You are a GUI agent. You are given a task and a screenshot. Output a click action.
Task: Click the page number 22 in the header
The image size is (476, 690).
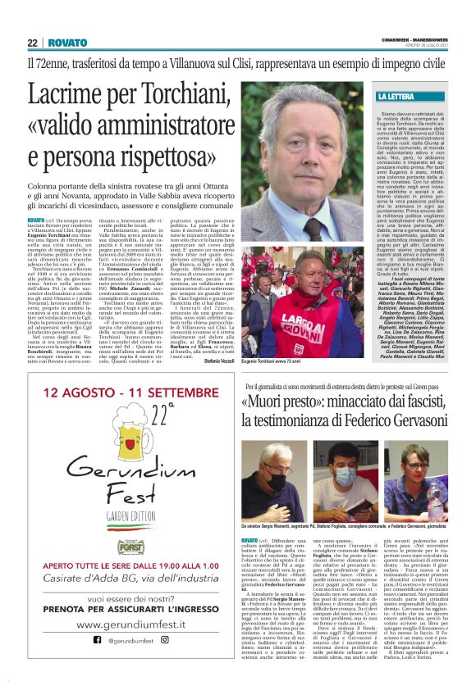coord(32,43)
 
